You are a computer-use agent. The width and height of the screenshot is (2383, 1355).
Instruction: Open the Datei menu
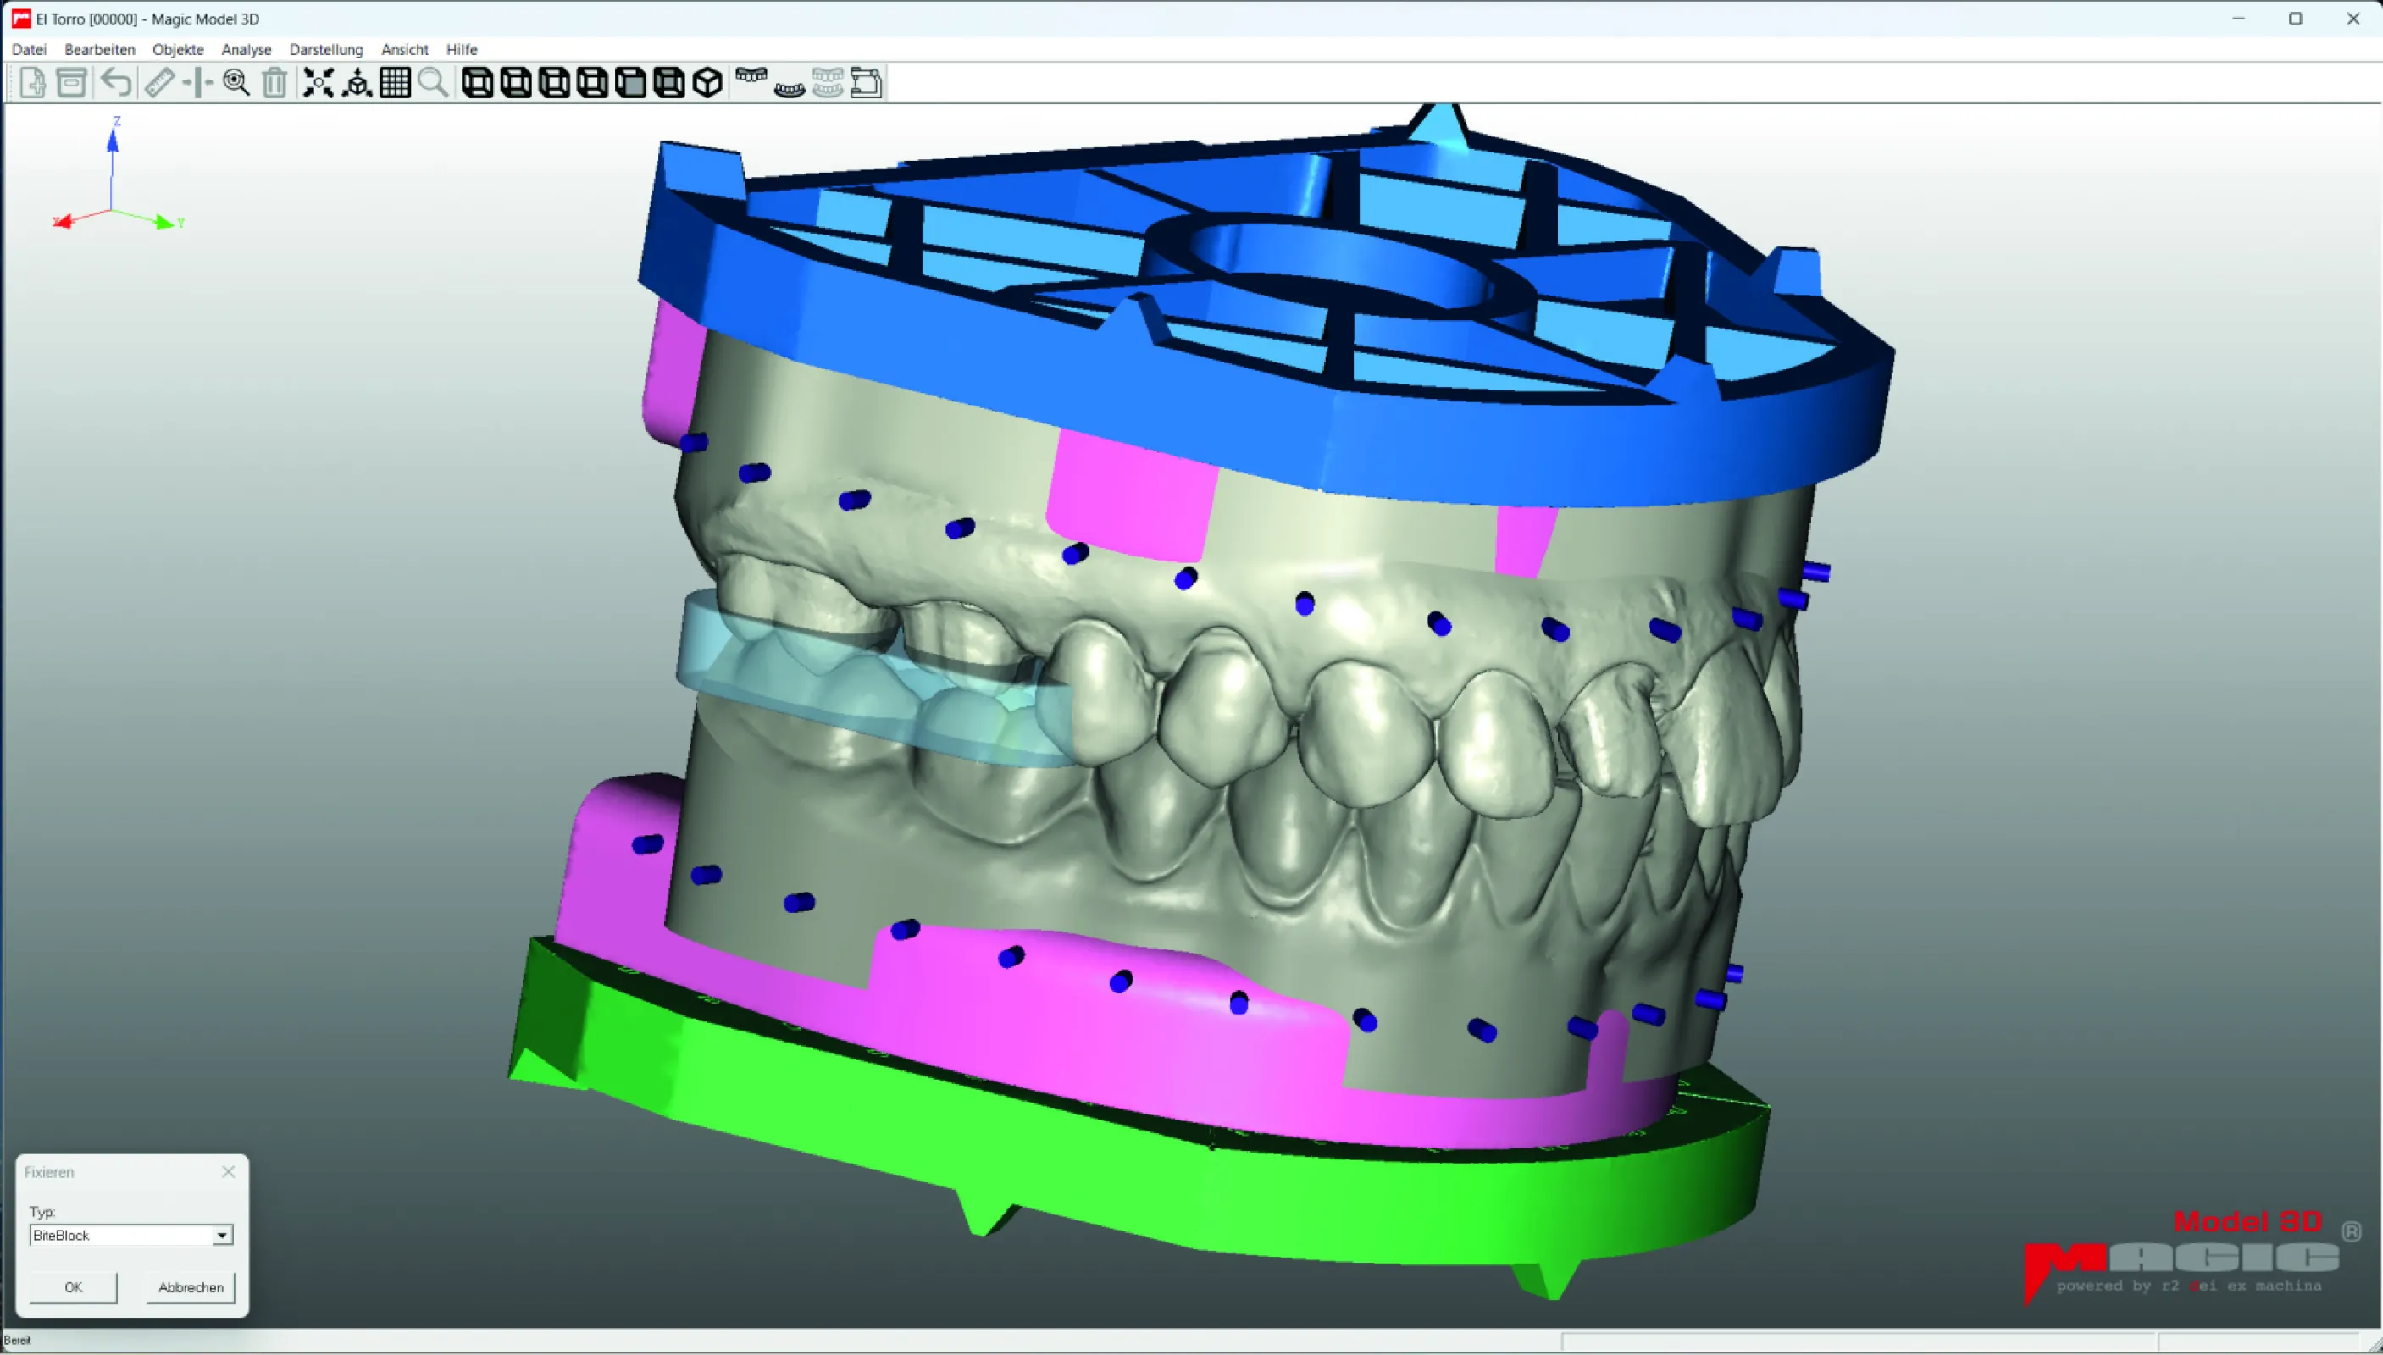(x=29, y=49)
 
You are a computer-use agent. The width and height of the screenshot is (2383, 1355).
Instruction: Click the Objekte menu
(x=178, y=49)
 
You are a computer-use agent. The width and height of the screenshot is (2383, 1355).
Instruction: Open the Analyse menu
(x=246, y=49)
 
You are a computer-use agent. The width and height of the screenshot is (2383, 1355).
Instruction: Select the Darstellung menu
(x=326, y=49)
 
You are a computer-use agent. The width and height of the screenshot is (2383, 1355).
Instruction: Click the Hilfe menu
(x=461, y=49)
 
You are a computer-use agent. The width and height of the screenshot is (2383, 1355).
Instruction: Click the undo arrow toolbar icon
(x=116, y=83)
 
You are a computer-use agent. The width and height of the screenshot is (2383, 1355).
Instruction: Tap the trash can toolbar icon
(x=274, y=83)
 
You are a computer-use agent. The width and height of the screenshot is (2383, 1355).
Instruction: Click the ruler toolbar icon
(x=159, y=83)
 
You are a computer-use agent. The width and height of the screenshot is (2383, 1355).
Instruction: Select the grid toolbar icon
(x=395, y=83)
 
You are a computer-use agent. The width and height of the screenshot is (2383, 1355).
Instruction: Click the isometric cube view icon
(x=707, y=83)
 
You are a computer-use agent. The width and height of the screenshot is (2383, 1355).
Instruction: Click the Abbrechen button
(x=191, y=1287)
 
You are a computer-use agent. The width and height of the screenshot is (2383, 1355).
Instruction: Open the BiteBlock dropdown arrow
(x=222, y=1236)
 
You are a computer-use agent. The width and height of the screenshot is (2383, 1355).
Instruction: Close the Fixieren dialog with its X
(x=228, y=1172)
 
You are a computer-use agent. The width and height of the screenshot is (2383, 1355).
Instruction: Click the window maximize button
(x=2296, y=19)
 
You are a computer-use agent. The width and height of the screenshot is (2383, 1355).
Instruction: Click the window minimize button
(x=2239, y=19)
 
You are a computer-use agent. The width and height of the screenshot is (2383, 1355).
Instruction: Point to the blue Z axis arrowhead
(x=113, y=141)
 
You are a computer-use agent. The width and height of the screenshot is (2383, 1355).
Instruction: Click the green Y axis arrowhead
(x=164, y=223)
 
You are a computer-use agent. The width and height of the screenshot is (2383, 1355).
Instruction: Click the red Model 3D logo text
(x=2247, y=1222)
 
